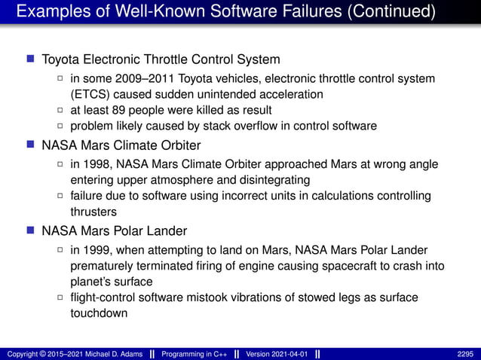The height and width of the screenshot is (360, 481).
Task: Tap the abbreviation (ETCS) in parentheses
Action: pyautogui.click(x=90, y=94)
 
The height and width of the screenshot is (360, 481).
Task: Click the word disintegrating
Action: pyautogui.click(x=277, y=180)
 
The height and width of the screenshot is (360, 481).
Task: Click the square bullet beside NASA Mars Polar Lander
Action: pyautogui.click(x=30, y=231)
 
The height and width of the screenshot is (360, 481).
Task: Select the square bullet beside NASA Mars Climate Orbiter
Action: pyautogui.click(x=30, y=145)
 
